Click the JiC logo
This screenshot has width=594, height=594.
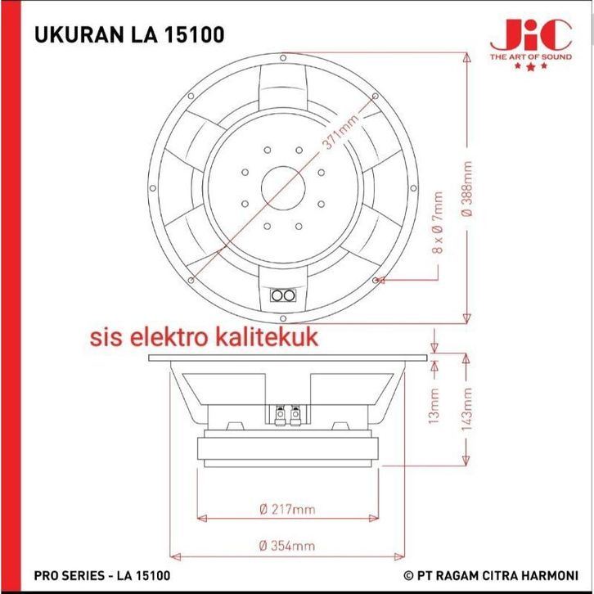point(530,35)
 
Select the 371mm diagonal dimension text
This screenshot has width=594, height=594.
point(340,133)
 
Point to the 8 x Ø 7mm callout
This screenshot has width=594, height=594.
point(438,223)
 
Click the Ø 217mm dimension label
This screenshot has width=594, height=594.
point(287,509)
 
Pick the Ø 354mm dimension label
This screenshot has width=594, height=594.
point(286,546)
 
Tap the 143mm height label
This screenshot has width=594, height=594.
point(467,409)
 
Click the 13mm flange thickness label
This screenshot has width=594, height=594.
point(434,406)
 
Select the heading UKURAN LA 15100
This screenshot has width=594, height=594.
point(129,34)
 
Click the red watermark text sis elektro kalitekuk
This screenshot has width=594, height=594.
point(204,337)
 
